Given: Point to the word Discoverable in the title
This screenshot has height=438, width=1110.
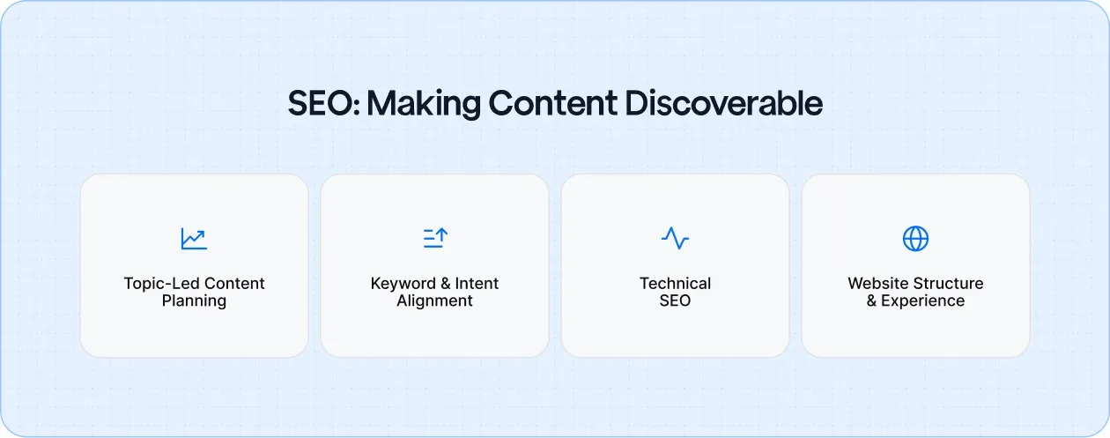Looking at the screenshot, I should coord(723,104).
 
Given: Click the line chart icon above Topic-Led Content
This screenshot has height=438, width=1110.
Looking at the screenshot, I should coord(194,238).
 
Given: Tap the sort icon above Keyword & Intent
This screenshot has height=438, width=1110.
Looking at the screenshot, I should coord(435,238).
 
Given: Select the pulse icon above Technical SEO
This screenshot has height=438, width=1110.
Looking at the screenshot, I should coord(675,238).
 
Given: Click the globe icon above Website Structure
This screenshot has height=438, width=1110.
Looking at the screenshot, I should coord(915,238).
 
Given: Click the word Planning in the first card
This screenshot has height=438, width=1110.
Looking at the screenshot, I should coord(194,301).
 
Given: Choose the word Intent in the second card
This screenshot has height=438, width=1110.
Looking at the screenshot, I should coord(477,284).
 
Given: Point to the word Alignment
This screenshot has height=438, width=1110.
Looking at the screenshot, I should coord(434,301).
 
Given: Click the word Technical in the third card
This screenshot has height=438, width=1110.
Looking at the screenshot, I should coord(675,284).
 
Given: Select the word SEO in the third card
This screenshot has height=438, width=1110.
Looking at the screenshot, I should coord(675,301).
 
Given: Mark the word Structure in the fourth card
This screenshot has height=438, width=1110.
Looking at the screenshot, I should coord(950,284).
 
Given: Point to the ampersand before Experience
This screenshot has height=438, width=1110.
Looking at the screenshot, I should coord(872,301).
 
